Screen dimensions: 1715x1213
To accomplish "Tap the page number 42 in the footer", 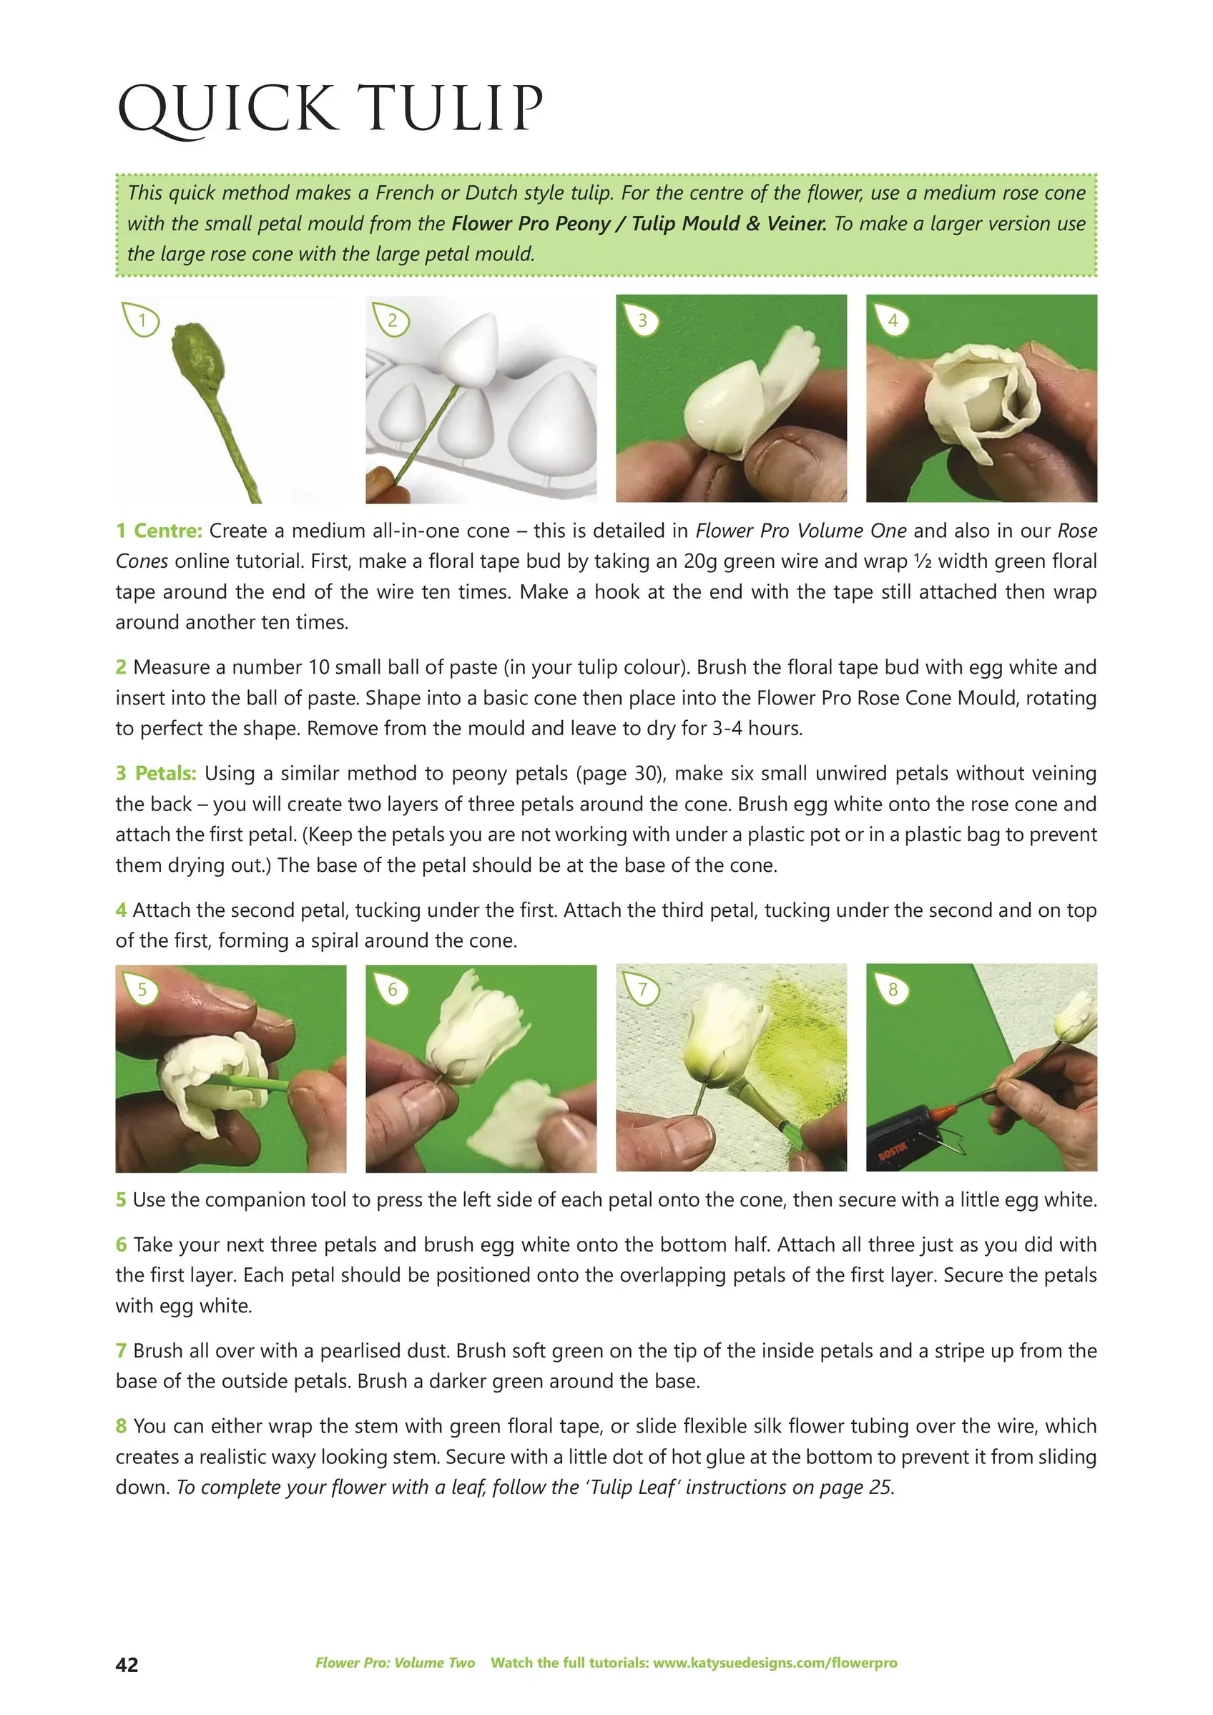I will [x=127, y=1664].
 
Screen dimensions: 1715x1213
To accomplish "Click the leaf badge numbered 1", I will [x=140, y=321].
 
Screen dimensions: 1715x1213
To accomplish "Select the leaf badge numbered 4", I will [x=891, y=321].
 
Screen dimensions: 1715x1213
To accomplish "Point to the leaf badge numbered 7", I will [x=641, y=990].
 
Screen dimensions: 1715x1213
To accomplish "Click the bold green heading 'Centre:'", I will [x=168, y=531].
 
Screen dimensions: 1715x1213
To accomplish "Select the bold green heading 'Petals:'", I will [x=166, y=773].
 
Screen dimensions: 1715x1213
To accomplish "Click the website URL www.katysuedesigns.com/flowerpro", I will [x=775, y=1663].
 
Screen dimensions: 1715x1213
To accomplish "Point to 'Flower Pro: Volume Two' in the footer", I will [x=394, y=1663].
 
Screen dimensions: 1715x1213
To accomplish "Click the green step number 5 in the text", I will [x=121, y=1200].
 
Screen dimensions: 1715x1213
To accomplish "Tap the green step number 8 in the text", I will [x=121, y=1426].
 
